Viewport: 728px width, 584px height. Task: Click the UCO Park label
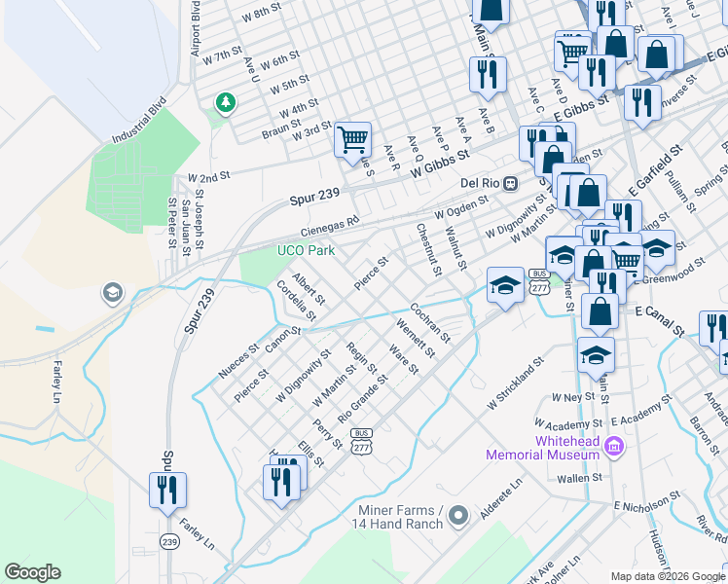(306, 251)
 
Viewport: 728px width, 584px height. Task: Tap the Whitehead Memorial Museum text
(542, 448)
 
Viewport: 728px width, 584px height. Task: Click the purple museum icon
(613, 447)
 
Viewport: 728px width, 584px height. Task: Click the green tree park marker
(226, 101)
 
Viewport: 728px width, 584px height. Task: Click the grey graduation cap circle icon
(113, 293)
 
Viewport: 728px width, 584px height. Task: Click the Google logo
(32, 572)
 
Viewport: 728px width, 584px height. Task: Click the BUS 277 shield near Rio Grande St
(361, 441)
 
